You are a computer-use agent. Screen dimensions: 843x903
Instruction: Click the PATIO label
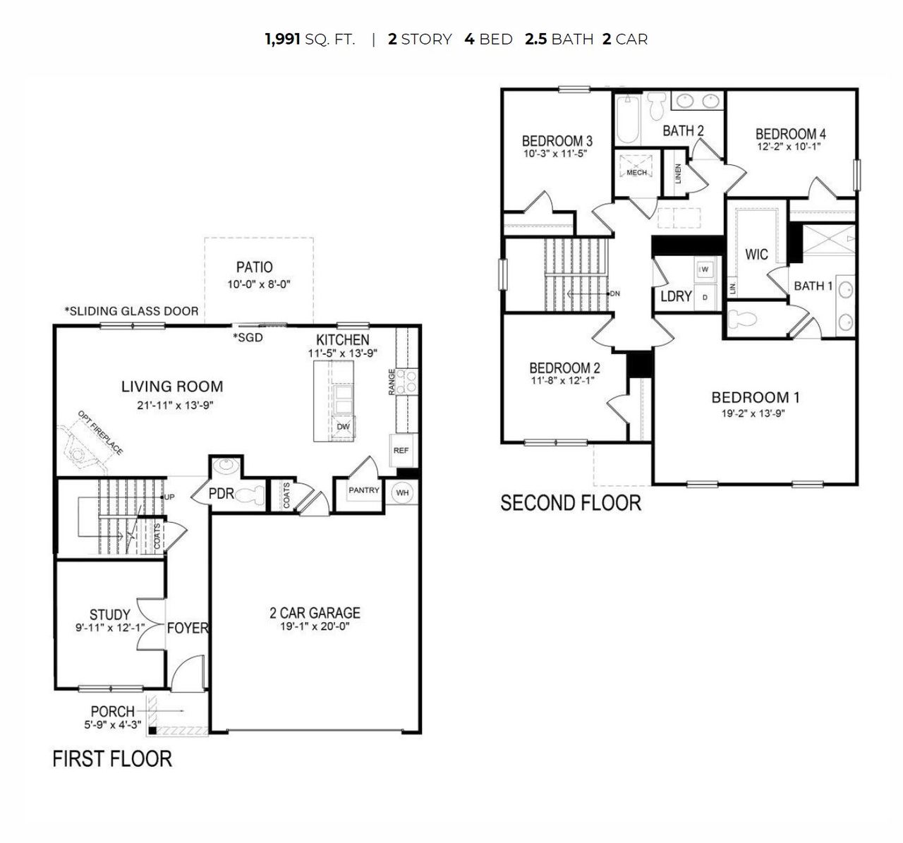point(254,267)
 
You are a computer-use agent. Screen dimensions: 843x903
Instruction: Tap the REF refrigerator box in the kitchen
point(401,450)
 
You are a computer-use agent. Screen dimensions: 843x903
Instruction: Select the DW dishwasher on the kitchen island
point(343,427)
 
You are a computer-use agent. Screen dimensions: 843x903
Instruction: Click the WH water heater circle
point(402,492)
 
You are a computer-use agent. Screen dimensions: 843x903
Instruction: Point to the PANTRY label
point(364,490)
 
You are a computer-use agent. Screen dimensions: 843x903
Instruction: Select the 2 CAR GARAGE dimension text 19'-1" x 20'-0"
point(315,626)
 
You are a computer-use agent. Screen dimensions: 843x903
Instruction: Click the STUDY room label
point(109,614)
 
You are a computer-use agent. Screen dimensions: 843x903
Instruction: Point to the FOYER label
point(187,628)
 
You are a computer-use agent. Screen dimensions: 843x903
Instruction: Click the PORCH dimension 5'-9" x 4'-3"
point(112,724)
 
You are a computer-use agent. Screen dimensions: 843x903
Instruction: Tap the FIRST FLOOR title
point(112,759)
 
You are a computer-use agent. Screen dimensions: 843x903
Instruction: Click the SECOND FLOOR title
point(571,503)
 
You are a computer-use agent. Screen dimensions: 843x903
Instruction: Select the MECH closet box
point(636,172)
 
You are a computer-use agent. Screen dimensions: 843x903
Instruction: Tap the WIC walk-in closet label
point(756,254)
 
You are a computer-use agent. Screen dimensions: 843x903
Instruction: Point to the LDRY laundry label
point(675,296)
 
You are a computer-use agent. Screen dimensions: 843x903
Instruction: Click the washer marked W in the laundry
point(705,269)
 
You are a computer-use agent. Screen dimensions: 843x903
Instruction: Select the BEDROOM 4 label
point(790,134)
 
